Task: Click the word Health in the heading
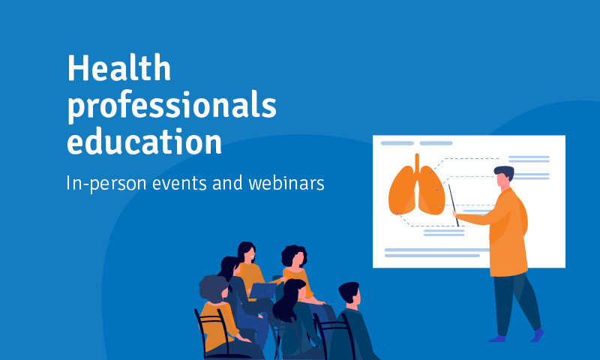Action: click(x=119, y=67)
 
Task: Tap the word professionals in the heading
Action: click(x=172, y=106)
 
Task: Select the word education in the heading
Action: click(x=145, y=141)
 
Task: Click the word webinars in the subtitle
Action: click(x=286, y=183)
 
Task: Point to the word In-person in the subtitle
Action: click(x=106, y=184)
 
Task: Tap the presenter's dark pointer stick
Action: click(x=454, y=205)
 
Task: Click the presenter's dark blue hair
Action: click(x=504, y=172)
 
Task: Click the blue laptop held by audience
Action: click(x=263, y=291)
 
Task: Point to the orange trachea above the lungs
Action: click(x=417, y=163)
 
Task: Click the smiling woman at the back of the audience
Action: click(x=249, y=268)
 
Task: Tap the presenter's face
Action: click(x=502, y=181)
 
